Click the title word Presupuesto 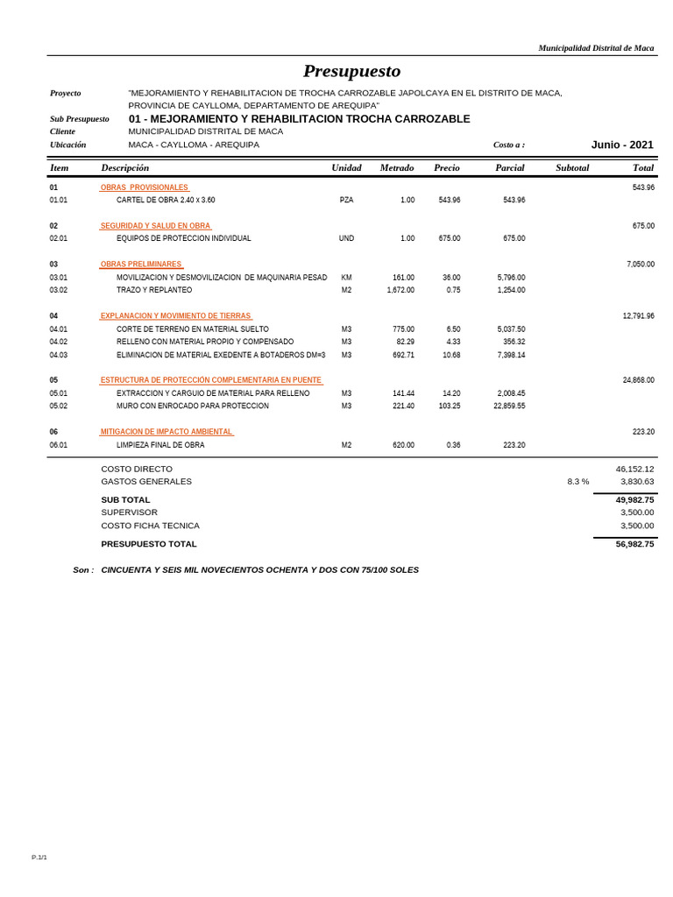[351, 71]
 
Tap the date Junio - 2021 [622, 145]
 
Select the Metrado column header [397, 167]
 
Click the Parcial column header [509, 167]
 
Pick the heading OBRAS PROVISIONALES [145, 187]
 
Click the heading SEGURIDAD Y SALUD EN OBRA [155, 226]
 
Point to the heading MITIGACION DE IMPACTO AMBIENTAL [166, 432]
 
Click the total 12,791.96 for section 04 [638, 316]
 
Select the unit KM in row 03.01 [346, 278]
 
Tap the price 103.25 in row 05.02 [450, 406]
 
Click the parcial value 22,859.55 [509, 406]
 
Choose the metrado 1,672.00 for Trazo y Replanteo [400, 290]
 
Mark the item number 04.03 [59, 356]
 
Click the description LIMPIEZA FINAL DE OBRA [160, 445]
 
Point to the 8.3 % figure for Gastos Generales [577, 482]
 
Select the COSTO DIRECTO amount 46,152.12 [634, 469]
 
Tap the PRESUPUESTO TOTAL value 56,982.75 [634, 544]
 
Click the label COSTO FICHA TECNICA [150, 526]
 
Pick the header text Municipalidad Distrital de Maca [596, 48]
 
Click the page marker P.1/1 [39, 858]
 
